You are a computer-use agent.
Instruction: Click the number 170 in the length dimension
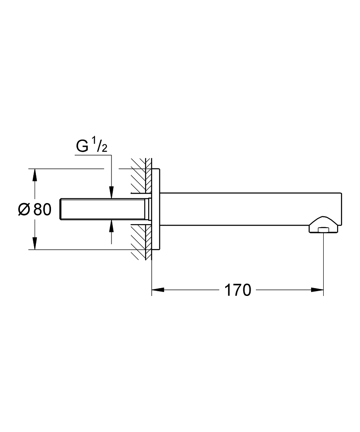click(237, 290)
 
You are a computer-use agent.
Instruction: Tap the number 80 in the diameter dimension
click(42, 210)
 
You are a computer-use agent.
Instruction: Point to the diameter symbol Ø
click(24, 210)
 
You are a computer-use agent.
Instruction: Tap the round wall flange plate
click(157, 210)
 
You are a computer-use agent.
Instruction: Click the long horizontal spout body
click(251, 209)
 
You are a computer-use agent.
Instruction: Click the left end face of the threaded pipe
click(63, 210)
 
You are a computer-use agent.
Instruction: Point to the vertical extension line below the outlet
click(323, 264)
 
